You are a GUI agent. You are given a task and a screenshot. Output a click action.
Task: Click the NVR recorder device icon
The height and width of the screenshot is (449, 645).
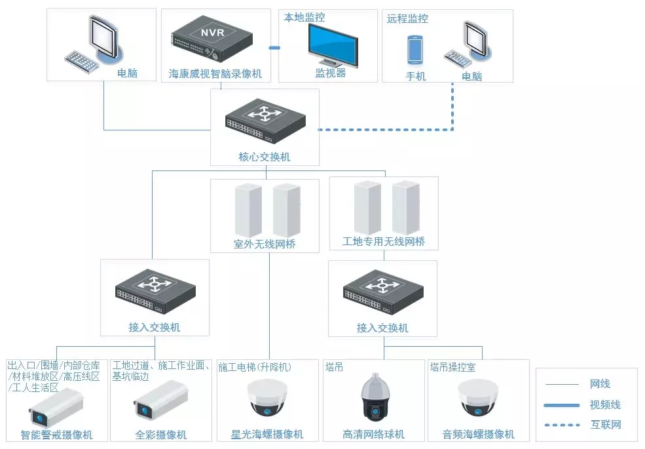(212, 40)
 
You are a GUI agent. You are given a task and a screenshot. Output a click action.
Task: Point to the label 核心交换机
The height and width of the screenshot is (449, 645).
(265, 157)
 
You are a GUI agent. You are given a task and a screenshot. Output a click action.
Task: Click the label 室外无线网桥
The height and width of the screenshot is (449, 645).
(265, 244)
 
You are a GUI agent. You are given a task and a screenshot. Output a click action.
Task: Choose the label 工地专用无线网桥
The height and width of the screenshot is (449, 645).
(384, 242)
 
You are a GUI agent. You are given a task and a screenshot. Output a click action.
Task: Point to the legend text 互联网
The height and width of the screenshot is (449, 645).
(605, 425)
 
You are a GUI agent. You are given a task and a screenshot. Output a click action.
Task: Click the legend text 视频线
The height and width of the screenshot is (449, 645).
(605, 405)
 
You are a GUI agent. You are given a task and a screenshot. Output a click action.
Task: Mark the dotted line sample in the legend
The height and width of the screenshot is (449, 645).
(562, 425)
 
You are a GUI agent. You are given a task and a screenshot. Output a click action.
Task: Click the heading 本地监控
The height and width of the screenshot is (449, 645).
(304, 18)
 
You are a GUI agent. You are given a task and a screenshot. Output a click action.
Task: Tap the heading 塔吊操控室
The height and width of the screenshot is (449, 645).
(452, 368)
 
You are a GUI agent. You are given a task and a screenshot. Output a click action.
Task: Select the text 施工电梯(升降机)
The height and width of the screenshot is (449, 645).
(255, 368)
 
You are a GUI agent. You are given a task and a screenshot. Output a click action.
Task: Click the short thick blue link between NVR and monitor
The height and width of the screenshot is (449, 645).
(274, 48)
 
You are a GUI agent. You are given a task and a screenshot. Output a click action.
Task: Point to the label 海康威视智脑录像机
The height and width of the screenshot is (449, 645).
(215, 74)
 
